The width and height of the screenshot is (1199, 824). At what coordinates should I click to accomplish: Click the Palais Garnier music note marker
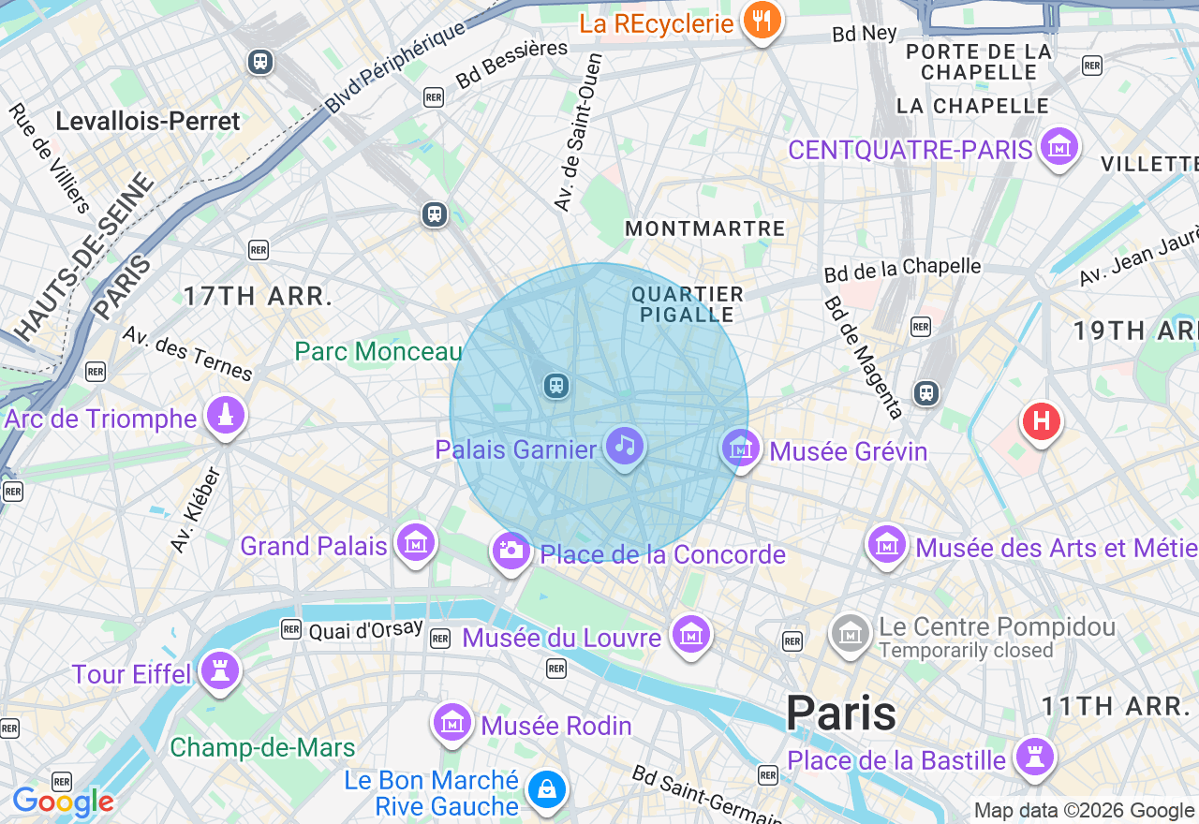pyautogui.click(x=626, y=446)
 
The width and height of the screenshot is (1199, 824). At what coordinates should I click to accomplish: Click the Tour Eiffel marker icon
pyautogui.click(x=219, y=670)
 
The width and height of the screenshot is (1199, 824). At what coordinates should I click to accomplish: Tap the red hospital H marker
pyautogui.click(x=1041, y=420)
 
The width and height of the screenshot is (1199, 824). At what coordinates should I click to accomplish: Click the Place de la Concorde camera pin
pyautogui.click(x=511, y=550)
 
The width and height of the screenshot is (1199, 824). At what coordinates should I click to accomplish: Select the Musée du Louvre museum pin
pyautogui.click(x=690, y=635)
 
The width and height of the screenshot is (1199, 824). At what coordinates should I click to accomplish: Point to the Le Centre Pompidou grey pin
pyautogui.click(x=851, y=634)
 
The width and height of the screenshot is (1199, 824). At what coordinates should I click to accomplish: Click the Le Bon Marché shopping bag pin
pyautogui.click(x=546, y=790)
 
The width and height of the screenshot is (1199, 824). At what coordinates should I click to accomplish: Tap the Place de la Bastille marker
pyautogui.click(x=1034, y=757)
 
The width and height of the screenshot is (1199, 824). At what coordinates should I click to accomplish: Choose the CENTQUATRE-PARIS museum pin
pyautogui.click(x=1059, y=147)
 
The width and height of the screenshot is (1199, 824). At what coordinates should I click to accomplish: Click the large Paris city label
pyautogui.click(x=841, y=713)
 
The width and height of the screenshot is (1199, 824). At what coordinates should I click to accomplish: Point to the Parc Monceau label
pyautogui.click(x=378, y=351)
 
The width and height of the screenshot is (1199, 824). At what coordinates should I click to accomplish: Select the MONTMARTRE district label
pyautogui.click(x=705, y=228)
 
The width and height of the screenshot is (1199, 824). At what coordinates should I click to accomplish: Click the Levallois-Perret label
pyautogui.click(x=148, y=121)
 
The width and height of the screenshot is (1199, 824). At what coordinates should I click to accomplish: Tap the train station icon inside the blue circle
pyautogui.click(x=556, y=385)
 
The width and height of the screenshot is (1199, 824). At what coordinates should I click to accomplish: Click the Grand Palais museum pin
pyautogui.click(x=415, y=542)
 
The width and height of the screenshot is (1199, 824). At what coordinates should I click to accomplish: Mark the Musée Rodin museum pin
pyautogui.click(x=452, y=723)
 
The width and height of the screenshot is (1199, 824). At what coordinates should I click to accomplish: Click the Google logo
pyautogui.click(x=63, y=802)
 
